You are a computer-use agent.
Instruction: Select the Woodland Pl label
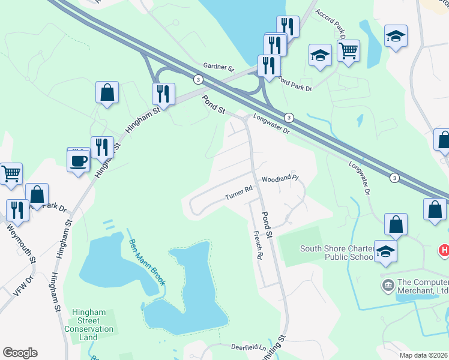279,179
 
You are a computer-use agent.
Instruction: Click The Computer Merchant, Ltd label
423,287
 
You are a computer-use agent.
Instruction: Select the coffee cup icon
79,161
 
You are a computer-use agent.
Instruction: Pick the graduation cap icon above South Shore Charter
385,251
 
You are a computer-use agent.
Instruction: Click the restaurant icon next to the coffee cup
103,148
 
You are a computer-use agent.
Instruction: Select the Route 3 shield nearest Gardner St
197,79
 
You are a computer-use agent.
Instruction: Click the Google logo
20,353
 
